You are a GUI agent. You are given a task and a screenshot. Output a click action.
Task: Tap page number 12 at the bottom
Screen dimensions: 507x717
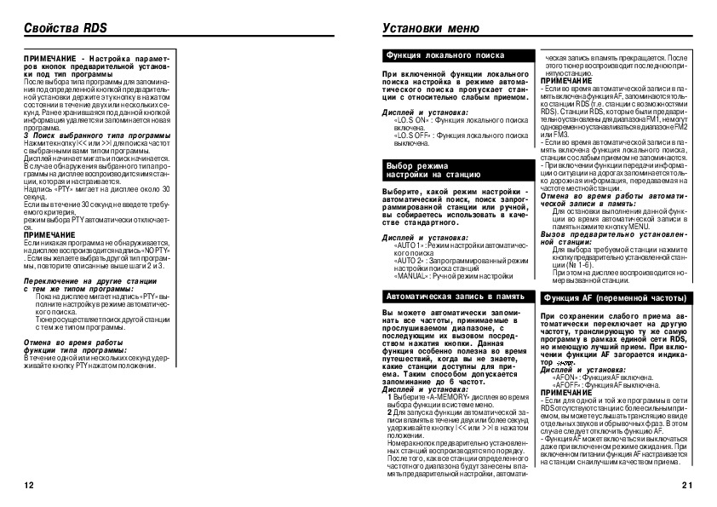point(30,485)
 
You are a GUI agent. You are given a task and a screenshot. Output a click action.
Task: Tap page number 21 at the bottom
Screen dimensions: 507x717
point(687,485)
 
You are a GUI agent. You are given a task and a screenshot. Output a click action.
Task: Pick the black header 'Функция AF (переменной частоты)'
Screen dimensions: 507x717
point(614,297)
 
